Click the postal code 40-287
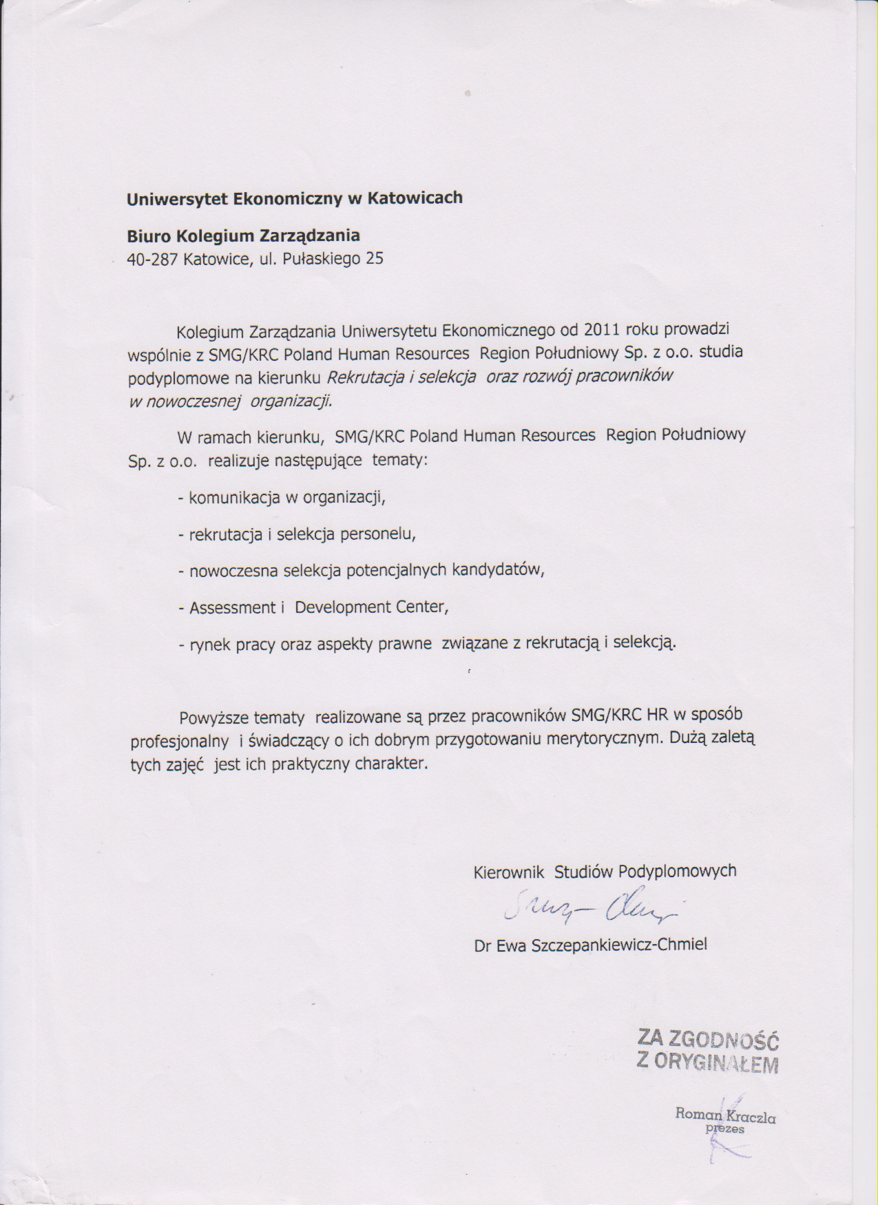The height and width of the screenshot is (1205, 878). pos(152,260)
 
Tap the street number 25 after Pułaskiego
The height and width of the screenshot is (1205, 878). pos(375,259)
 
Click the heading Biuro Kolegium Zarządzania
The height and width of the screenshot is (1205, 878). pos(243,236)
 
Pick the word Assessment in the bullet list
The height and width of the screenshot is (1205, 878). pos(232,608)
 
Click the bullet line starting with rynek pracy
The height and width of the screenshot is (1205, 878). pos(427,644)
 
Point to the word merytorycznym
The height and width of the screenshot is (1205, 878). pos(603,739)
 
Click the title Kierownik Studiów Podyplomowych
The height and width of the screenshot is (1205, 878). pos(604,872)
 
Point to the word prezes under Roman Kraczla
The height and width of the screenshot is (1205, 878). pos(724,1129)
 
